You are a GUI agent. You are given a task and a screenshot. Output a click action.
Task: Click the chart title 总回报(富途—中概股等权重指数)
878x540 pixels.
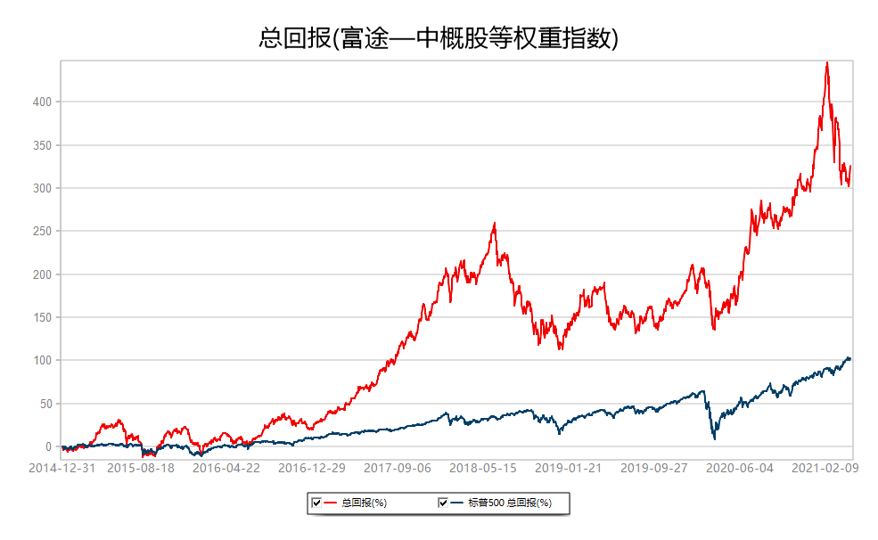439,38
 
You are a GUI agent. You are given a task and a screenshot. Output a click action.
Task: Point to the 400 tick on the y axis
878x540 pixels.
42,102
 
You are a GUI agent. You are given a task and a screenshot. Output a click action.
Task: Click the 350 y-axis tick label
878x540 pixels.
42,145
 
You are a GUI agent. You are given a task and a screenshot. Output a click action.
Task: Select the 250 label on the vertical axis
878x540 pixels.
42,231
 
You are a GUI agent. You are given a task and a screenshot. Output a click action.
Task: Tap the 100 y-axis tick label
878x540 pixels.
42,360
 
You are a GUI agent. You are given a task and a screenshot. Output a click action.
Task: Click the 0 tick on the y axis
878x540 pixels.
48,446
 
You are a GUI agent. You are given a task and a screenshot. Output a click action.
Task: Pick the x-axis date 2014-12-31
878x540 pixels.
62,469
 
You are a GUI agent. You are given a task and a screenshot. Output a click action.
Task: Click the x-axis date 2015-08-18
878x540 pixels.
141,469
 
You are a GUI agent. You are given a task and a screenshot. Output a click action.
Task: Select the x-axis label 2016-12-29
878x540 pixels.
312,469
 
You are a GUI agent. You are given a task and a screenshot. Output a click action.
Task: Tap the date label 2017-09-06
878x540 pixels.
398,469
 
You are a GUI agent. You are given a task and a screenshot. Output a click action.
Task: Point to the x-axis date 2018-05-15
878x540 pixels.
482,469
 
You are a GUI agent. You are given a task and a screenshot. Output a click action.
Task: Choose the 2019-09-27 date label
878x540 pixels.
654,469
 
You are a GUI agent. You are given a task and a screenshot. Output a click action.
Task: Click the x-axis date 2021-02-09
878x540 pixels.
825,469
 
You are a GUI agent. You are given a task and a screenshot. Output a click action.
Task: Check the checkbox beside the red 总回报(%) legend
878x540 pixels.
316,503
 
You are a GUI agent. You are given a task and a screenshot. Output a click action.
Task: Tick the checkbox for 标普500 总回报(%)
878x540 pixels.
443,503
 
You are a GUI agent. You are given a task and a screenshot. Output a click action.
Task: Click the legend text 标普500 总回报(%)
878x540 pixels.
510,503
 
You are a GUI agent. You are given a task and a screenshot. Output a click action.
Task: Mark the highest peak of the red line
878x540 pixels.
827,62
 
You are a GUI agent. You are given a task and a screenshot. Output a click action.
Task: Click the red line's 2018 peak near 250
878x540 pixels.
495,224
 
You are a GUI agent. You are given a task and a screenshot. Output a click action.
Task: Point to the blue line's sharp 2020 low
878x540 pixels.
715,438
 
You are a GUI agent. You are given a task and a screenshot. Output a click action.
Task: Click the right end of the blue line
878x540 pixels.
850,359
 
